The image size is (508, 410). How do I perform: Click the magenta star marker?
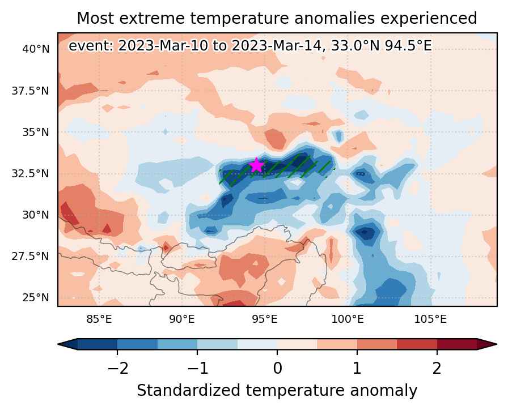point(257,165)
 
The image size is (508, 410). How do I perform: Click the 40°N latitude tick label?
point(36,49)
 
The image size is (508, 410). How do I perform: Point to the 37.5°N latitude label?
point(31,91)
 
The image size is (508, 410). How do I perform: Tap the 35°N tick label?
point(36,132)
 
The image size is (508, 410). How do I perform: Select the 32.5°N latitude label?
point(31,173)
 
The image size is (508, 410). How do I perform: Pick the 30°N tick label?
point(36,215)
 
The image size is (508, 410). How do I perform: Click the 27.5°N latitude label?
point(31,257)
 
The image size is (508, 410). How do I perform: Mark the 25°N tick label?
point(36,297)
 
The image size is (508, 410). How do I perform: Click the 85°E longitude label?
point(99,319)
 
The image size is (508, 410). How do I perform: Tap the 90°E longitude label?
point(182,319)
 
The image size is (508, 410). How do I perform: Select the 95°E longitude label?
point(265,319)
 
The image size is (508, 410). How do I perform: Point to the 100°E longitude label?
point(348,319)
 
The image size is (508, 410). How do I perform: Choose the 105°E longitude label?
point(430,319)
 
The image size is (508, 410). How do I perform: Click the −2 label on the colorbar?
point(118,368)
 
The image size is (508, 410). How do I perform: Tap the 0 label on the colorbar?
point(277,368)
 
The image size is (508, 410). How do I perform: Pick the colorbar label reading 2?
point(437,368)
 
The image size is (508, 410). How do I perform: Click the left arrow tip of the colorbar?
point(58,344)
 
